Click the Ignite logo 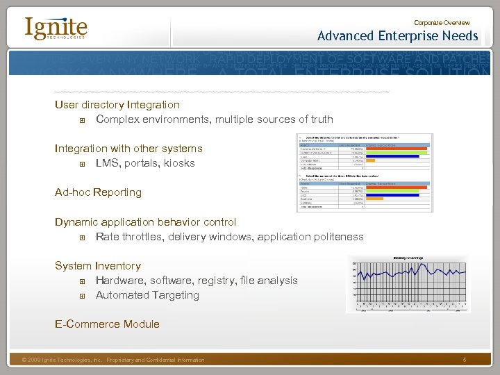click(56, 28)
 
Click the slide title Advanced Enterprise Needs click(397, 36)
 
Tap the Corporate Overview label click(442, 23)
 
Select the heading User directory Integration click(117, 105)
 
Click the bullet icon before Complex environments click(83, 120)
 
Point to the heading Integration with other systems click(128, 149)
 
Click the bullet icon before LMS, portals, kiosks click(83, 164)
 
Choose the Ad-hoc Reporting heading click(98, 192)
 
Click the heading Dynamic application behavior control click(145, 222)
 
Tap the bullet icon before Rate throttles click(83, 237)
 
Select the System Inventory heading click(98, 266)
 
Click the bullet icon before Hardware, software click(83, 281)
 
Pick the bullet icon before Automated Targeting click(83, 296)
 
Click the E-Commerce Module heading click(107, 324)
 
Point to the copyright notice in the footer click(113, 360)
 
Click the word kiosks click(179, 163)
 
